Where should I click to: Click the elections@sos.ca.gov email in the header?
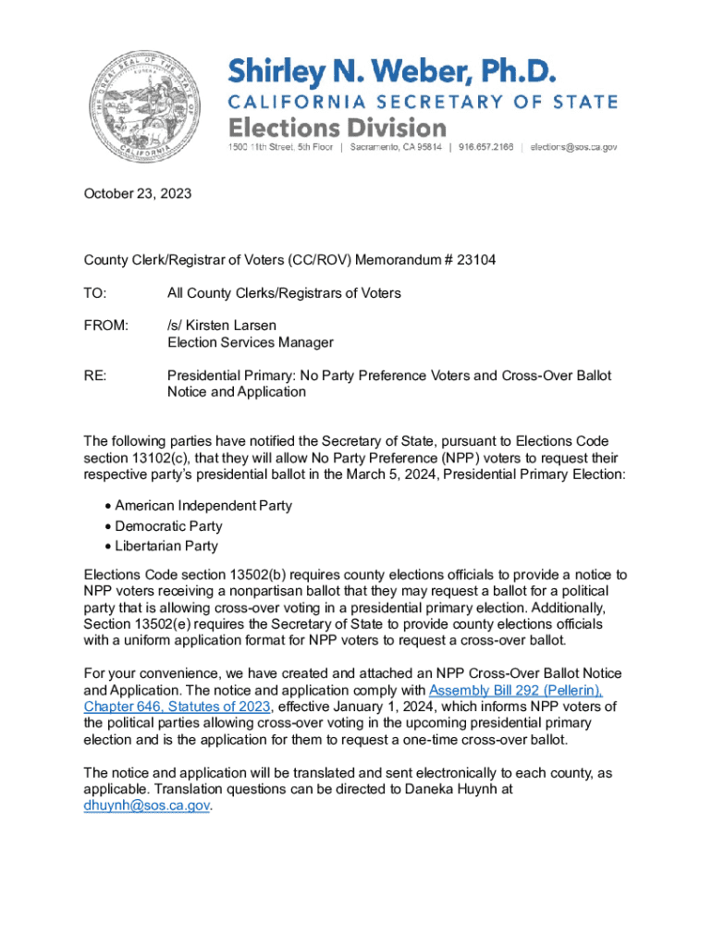pos(574,147)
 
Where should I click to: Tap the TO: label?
pos(95,293)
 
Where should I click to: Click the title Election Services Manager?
pos(250,342)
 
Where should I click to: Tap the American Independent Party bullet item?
pos(203,506)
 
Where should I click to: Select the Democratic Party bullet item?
pos(168,526)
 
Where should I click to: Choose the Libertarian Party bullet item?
pos(166,547)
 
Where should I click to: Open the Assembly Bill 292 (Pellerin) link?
pos(515,691)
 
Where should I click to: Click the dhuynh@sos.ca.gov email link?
pos(147,806)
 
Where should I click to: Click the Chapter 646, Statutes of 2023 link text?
pos(176,707)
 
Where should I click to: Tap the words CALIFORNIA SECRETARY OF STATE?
pos(423,101)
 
